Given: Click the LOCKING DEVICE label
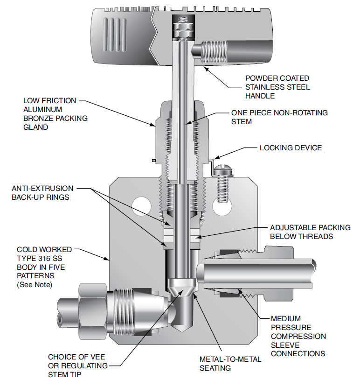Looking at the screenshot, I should coord(291,148).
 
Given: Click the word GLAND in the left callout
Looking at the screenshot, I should coord(35,127).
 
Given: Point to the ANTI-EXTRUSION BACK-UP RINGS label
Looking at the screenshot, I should coord(42,193).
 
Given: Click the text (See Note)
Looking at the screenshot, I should coord(35,284).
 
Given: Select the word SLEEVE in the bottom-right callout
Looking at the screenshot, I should coord(285,345).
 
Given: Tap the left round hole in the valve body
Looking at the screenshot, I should coord(140,204).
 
